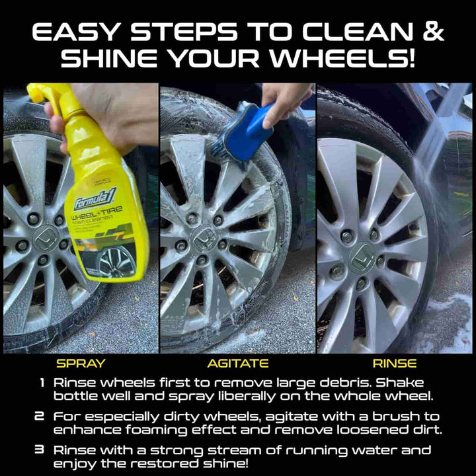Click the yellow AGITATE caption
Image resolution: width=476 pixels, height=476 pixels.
pyautogui.click(x=238, y=363)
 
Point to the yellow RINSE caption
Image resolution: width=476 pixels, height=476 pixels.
pyautogui.click(x=395, y=363)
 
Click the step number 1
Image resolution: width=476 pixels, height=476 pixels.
pyautogui.click(x=42, y=383)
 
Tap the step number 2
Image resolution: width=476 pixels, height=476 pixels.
pyautogui.click(x=42, y=417)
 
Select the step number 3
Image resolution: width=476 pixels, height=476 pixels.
pyautogui.click(x=42, y=450)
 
